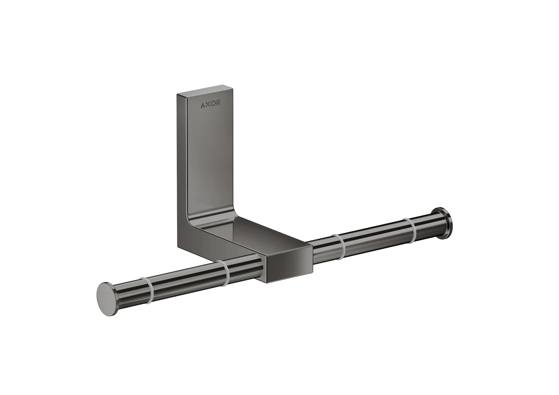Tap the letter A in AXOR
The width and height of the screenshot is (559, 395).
[x=203, y=105]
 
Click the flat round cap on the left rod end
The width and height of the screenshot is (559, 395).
[x=103, y=297]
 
